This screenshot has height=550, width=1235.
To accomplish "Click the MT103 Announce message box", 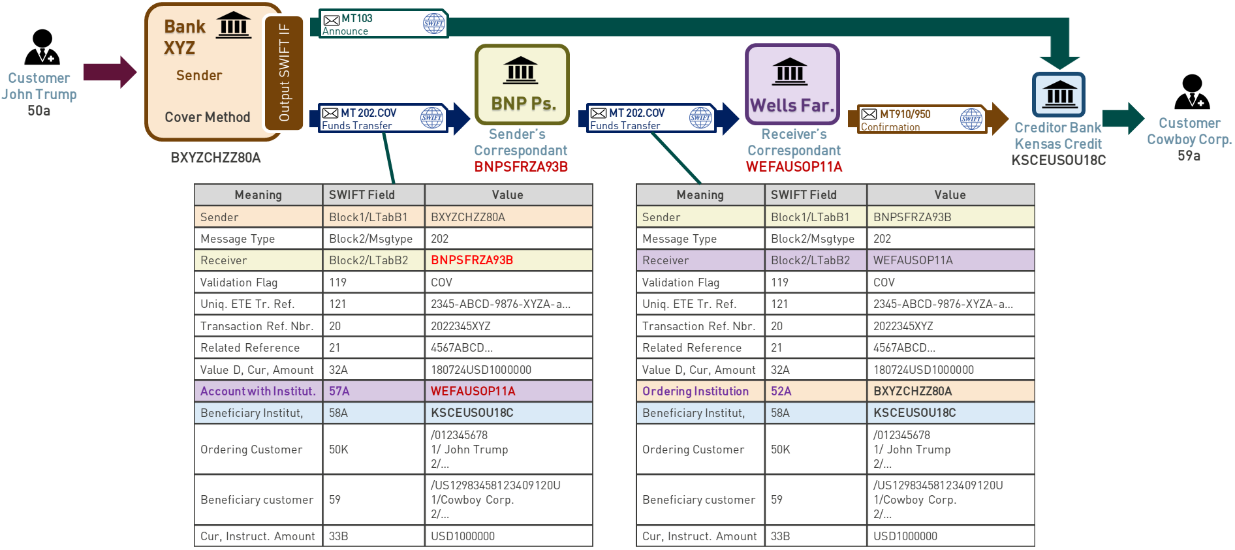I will [383, 23].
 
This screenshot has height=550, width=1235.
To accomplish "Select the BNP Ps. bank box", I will [522, 84].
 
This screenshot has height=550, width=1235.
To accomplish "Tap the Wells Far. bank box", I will [792, 84].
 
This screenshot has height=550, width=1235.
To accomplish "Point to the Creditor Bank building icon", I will [1059, 95].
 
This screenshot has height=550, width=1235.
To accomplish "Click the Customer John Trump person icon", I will [42, 48].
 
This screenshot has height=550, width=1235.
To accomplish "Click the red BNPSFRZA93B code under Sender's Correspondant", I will [521, 167].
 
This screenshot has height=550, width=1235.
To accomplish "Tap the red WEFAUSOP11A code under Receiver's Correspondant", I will [794, 167].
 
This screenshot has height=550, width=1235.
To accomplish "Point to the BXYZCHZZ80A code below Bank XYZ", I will [215, 158].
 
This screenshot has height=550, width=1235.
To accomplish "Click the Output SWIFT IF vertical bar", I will [284, 72].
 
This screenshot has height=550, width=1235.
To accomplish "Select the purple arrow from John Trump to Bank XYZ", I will [109, 72].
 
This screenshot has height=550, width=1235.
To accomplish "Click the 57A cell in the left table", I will [339, 391].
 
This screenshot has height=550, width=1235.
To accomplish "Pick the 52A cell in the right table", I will [781, 391].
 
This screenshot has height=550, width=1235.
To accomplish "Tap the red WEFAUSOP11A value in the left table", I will [473, 391].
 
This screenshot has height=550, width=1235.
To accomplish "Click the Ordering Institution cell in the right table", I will [695, 391].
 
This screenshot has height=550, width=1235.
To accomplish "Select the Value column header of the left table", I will [508, 195].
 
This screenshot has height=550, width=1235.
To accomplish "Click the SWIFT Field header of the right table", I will [804, 195].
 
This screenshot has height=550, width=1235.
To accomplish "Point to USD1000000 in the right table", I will [905, 536].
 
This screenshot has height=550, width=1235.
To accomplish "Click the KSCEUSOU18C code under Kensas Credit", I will [1058, 160].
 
